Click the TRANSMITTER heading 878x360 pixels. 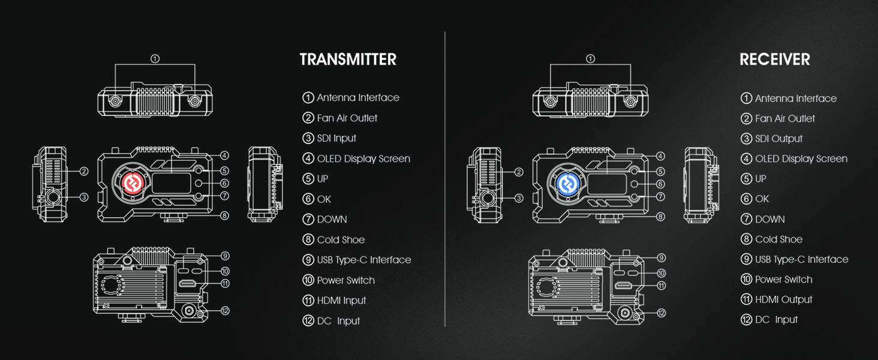(348, 59)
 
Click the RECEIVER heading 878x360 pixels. (774, 59)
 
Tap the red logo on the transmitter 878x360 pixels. (133, 183)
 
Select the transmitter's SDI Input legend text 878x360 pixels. (336, 138)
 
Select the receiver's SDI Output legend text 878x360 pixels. (779, 139)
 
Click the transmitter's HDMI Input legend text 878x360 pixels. (341, 301)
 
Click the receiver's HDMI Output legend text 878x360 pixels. (784, 299)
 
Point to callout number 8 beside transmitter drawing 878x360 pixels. (224, 215)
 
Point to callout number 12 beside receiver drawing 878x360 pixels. (661, 313)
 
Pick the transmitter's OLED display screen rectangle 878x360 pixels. (172, 183)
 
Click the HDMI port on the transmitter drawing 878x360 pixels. (187, 284)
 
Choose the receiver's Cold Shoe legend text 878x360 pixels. (779, 239)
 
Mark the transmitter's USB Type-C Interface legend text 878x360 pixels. (364, 260)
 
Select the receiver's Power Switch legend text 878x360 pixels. (784, 279)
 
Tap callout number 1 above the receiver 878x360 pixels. (590, 59)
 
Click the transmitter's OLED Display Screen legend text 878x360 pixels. (364, 158)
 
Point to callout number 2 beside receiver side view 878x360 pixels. (519, 172)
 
